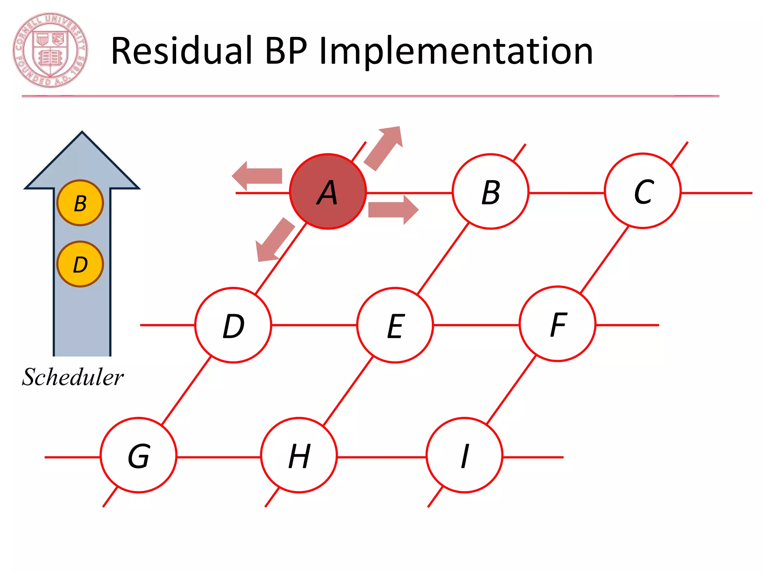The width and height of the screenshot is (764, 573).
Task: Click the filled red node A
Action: pos(328,191)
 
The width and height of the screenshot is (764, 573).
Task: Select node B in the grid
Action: pos(490,191)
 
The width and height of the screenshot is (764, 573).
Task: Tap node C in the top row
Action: pos(642,191)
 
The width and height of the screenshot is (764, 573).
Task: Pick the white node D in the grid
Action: pos(233,325)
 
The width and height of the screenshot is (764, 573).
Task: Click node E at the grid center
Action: pos(395,325)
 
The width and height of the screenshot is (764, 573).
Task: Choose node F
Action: pos(557,324)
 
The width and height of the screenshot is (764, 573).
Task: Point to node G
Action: pos(138,455)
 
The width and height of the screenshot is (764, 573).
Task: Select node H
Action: pos(299,455)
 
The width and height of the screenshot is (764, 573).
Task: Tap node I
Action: pos(464,455)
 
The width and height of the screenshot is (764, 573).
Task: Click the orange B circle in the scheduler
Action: pos(80,203)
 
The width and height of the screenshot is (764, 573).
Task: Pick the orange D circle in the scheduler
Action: pos(80,264)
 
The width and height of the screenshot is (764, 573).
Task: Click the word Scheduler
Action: pos(73,377)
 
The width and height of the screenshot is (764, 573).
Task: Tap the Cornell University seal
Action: pos(50,50)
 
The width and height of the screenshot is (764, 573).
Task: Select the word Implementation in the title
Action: pos(455,51)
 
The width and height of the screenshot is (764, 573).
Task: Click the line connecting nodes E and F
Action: pos(476,325)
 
